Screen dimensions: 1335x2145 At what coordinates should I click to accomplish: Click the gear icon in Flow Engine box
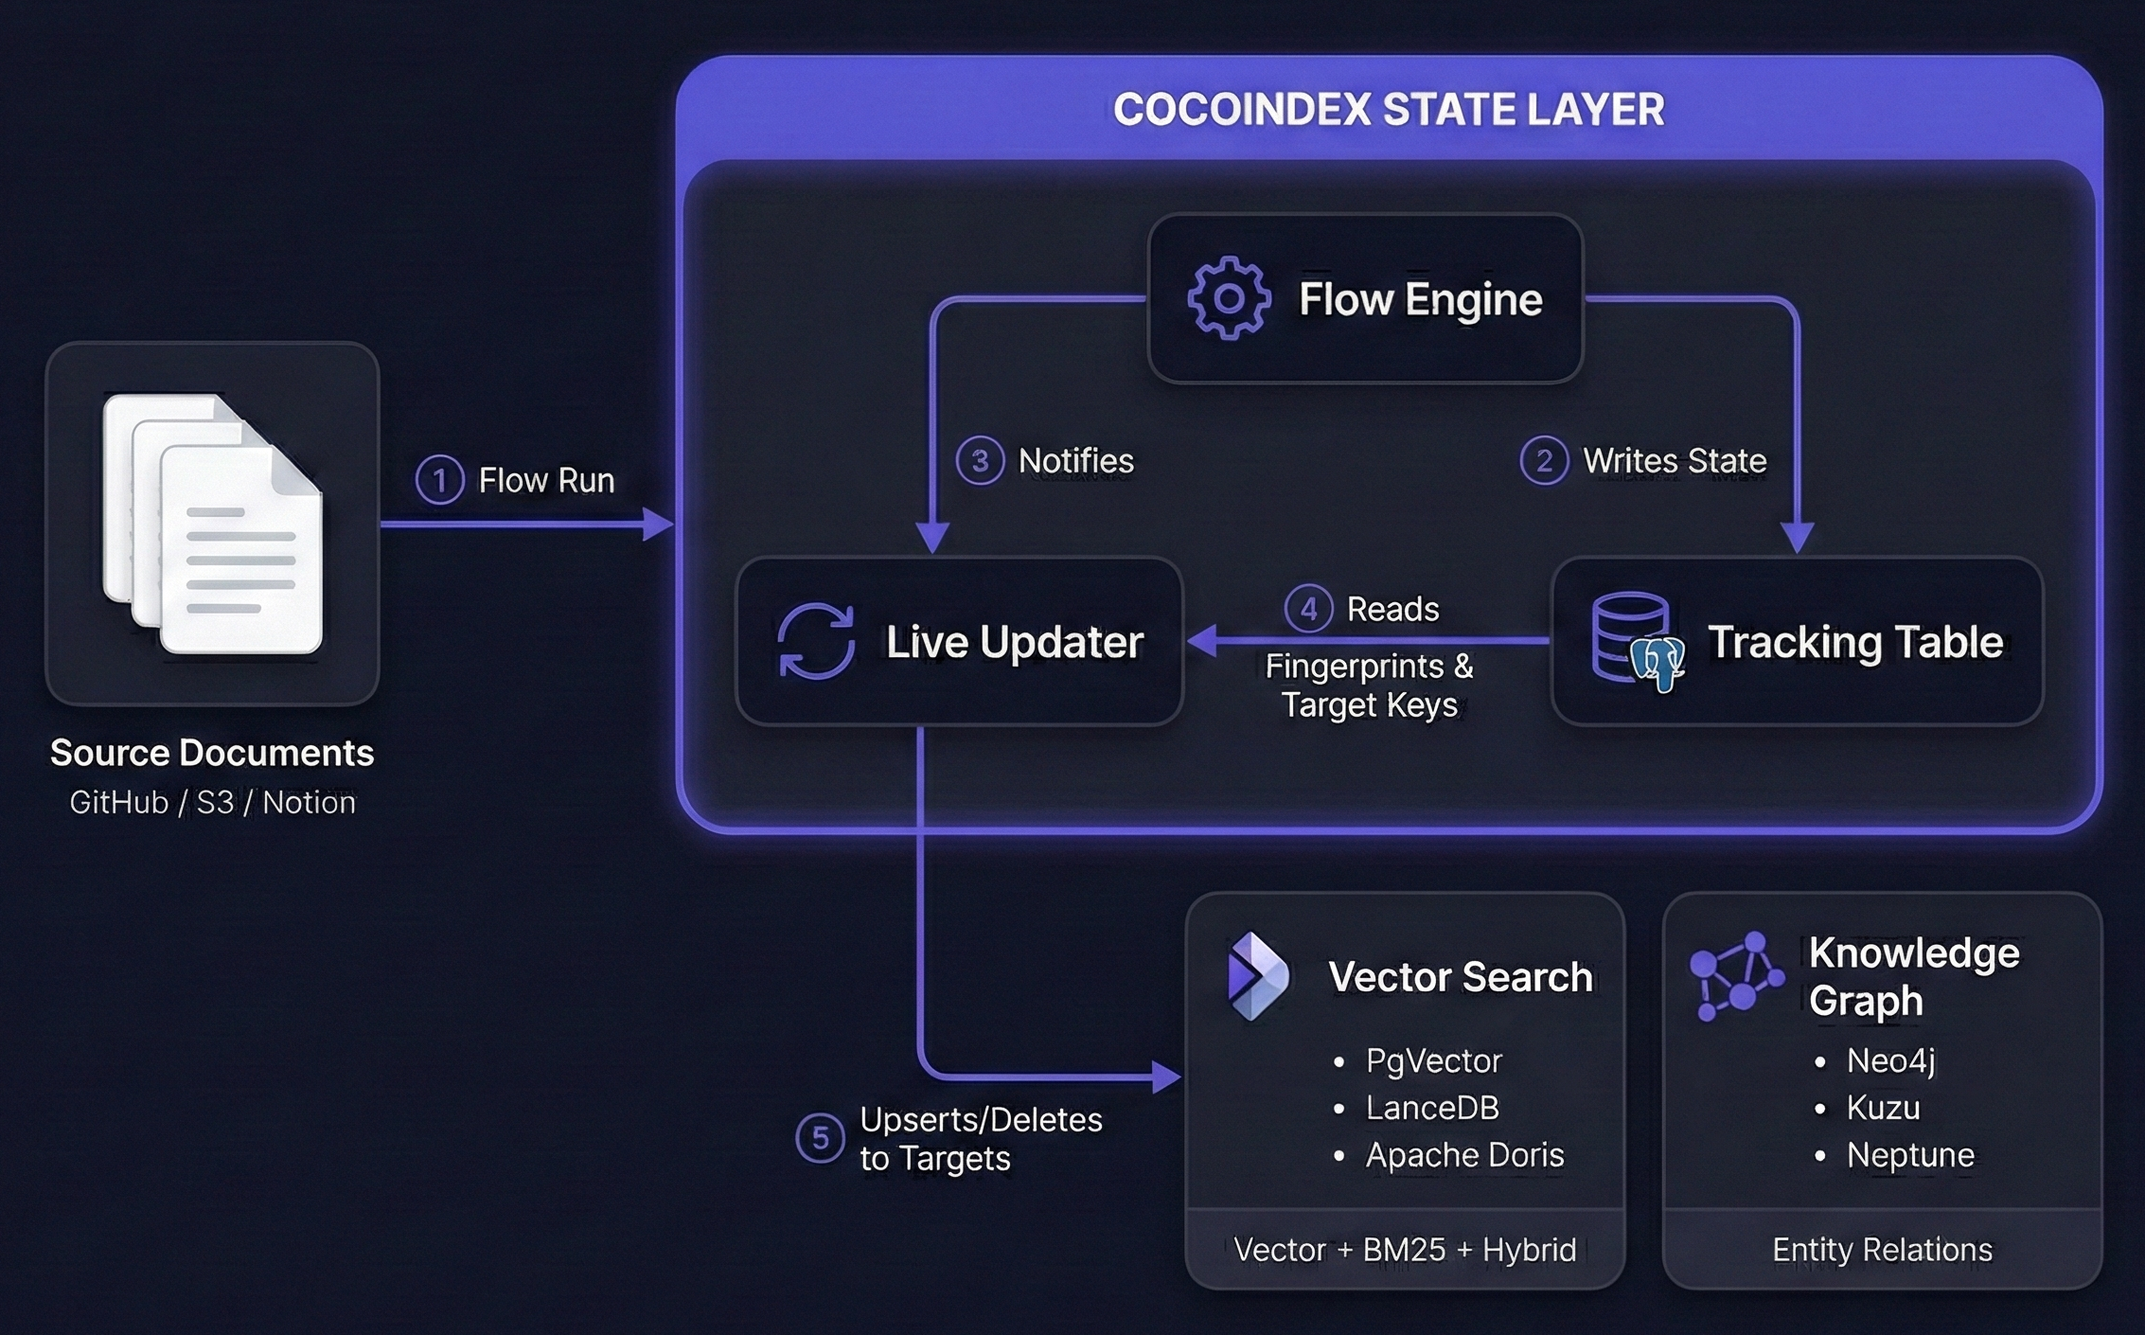pyautogui.click(x=1229, y=297)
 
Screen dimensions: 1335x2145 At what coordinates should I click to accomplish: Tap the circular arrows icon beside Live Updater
pyautogui.click(x=815, y=641)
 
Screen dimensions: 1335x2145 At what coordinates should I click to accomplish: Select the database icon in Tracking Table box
pyautogui.click(x=1636, y=641)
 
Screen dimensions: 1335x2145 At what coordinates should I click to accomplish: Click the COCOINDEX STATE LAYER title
pyautogui.click(x=1388, y=109)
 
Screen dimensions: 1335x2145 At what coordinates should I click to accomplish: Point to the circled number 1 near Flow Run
pyautogui.click(x=439, y=479)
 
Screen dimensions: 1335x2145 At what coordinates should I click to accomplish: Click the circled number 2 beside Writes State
pyautogui.click(x=1544, y=460)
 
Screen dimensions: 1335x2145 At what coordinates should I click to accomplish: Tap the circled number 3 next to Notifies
pyautogui.click(x=980, y=460)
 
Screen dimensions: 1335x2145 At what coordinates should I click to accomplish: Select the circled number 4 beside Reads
pyautogui.click(x=1308, y=608)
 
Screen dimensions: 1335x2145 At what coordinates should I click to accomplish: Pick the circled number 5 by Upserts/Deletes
pyautogui.click(x=820, y=1138)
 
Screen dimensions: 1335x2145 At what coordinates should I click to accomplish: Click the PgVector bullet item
pyautogui.click(x=1433, y=1060)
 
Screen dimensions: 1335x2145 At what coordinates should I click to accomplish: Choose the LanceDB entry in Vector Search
pyautogui.click(x=1431, y=1108)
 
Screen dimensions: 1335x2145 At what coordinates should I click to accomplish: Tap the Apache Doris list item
pyautogui.click(x=1463, y=1155)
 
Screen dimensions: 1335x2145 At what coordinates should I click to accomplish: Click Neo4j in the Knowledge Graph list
pyautogui.click(x=1889, y=1060)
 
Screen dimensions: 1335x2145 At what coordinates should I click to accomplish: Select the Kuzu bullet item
pyautogui.click(x=1882, y=1108)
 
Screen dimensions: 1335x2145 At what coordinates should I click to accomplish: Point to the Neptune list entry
pyautogui.click(x=1909, y=1155)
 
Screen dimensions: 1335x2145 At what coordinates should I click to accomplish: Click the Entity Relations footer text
pyautogui.click(x=1882, y=1250)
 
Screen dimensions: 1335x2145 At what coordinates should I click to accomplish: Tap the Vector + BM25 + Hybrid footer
pyautogui.click(x=1405, y=1250)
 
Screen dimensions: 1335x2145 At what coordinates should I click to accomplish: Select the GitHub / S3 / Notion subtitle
pyautogui.click(x=212, y=802)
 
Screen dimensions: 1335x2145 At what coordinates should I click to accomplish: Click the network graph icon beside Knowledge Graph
pyautogui.click(x=1735, y=975)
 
